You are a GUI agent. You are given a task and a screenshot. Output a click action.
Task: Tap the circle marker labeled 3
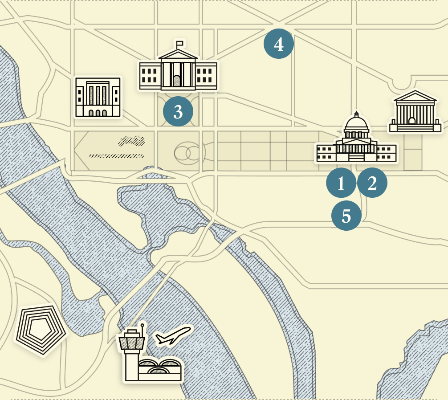[x=178, y=112]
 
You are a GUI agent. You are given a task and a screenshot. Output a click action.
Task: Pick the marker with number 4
[x=279, y=44]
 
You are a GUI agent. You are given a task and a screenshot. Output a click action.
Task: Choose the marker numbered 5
[x=346, y=216]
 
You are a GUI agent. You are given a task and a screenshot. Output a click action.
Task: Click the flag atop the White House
[x=180, y=44]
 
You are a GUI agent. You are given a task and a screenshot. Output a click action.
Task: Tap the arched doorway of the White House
[x=177, y=81]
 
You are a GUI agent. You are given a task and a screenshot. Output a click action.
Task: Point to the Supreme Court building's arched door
[x=412, y=121]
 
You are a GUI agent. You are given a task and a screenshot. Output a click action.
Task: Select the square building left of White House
[x=98, y=97]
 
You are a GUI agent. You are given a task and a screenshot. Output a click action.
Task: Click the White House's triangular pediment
[x=178, y=55]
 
